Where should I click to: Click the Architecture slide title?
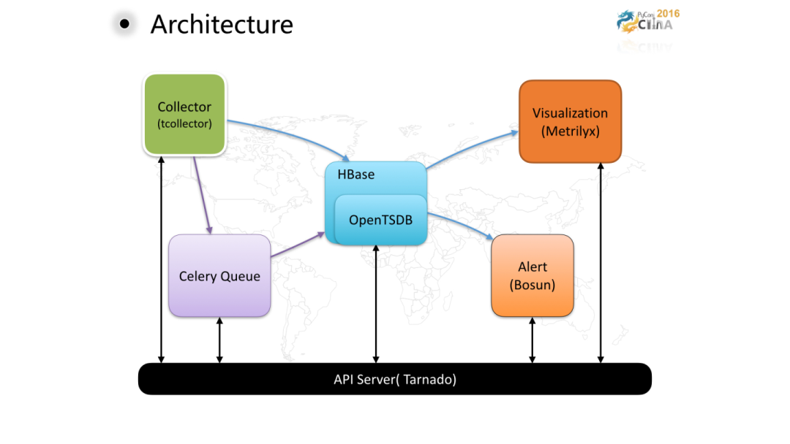point(222,24)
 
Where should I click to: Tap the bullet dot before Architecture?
point(124,24)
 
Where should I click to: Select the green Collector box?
point(184,114)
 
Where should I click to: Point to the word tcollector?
point(184,123)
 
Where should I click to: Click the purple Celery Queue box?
point(219,276)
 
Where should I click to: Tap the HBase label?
point(356,175)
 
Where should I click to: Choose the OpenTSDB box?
point(380,219)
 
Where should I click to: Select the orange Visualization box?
point(570,121)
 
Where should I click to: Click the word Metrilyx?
point(570,131)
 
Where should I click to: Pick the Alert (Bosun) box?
point(532,275)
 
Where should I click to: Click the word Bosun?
point(533,285)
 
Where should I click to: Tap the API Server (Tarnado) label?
point(394,379)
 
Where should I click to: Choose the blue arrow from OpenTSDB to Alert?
point(461,225)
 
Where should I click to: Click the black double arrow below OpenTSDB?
point(376,304)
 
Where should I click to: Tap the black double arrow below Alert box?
point(532,340)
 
